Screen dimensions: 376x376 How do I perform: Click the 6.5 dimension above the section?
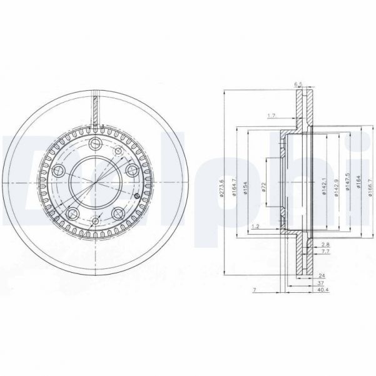(298, 84)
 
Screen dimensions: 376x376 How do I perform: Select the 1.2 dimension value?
(255, 226)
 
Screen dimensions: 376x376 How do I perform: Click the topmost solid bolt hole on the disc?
(96, 145)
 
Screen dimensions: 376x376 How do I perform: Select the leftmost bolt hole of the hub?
(58, 170)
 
